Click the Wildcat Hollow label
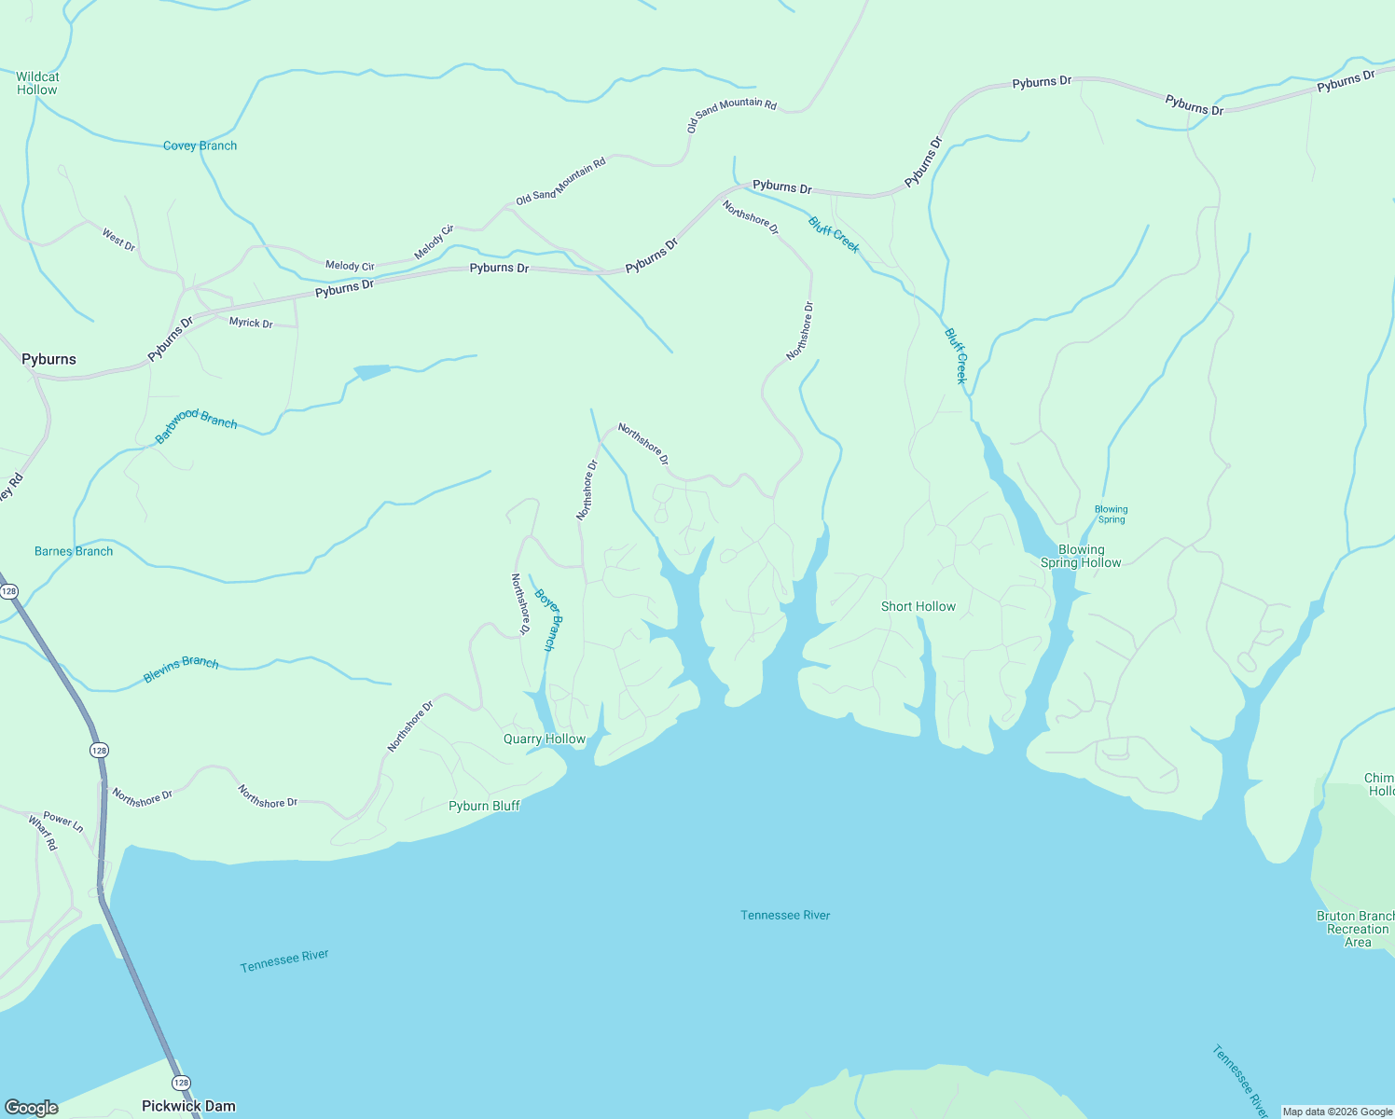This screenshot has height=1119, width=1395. pos(37,83)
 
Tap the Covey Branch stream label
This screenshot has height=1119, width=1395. pos(200,145)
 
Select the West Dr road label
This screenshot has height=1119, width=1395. pos(118,240)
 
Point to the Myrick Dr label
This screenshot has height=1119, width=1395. pos(251,323)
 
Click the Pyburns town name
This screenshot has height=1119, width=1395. pos(48,359)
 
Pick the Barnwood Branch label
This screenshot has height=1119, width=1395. pos(196,425)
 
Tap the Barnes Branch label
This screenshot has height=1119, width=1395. pos(74,551)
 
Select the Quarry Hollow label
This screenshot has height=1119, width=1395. pos(545,739)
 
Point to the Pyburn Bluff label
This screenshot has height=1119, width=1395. pos(484,806)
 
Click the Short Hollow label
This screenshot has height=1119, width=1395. pos(918,606)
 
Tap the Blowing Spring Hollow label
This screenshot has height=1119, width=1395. pos(1081,556)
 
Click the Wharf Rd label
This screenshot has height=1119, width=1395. pos(43,833)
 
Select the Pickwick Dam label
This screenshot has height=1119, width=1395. pos(188,1106)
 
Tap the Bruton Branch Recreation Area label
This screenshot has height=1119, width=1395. pos(1357,929)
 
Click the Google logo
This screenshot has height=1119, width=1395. pos(32,1108)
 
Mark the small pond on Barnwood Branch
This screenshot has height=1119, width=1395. pos(372,372)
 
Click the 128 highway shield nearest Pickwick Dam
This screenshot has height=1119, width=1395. pos(181,1083)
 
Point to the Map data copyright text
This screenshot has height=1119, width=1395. pos(1337,1112)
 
